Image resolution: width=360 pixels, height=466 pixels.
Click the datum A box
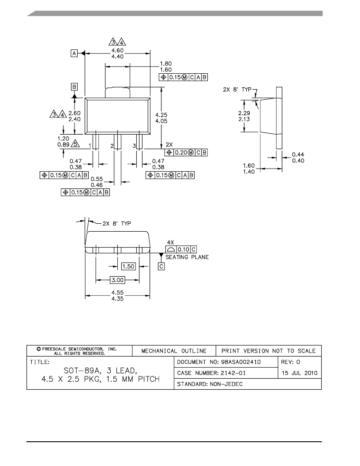coord(74,53)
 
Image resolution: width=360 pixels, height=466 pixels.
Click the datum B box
coord(74,86)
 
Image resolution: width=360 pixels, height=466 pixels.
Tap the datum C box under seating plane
coord(161,266)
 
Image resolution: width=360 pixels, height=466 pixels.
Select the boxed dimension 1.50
coord(128,266)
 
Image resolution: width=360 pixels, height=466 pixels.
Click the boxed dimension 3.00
coord(117,280)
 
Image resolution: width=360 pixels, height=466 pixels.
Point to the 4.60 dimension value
coord(117,50)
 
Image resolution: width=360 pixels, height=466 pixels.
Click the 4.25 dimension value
coord(161,115)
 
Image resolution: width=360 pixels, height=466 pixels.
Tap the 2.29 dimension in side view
coord(244,113)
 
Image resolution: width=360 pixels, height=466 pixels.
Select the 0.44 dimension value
coord(298,154)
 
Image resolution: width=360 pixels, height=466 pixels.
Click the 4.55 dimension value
coord(117,293)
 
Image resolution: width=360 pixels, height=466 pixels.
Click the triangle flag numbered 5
coord(75,143)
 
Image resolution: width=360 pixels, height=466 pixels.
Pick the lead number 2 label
coord(112,146)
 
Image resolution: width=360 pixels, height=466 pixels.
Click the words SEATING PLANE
coord(187,257)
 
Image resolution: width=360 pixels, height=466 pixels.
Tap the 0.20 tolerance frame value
coord(181,152)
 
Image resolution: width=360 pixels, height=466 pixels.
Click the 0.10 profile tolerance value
coord(184,249)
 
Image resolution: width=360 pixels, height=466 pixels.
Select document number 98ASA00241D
coord(241,362)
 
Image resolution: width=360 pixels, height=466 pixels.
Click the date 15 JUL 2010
coord(300,373)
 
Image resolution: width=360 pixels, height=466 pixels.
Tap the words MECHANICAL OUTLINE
coord(174,351)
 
